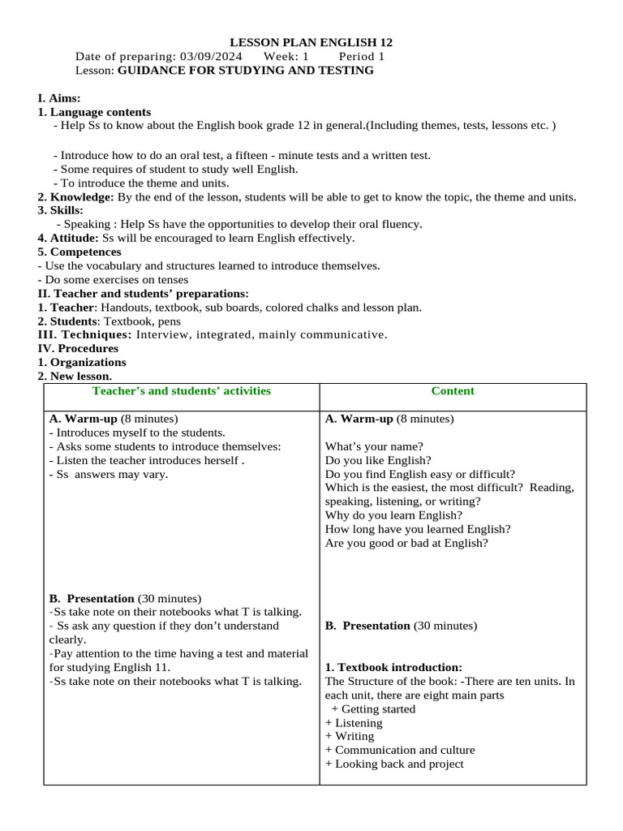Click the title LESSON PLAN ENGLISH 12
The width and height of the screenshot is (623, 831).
pos(311,42)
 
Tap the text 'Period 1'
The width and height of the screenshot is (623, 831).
pos(362,57)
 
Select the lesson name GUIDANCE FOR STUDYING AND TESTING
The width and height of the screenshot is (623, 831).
pos(246,71)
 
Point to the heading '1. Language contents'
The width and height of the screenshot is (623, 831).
pos(94,112)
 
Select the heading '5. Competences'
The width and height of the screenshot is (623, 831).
pos(79,252)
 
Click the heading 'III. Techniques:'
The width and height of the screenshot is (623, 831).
pos(84,334)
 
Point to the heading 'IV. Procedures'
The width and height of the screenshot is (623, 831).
pos(78,348)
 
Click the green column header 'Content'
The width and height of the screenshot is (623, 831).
pos(453,391)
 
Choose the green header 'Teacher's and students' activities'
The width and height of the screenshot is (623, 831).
pos(182,391)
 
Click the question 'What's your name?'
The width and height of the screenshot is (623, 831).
pos(374,446)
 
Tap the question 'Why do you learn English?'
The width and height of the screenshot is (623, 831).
pos(393,515)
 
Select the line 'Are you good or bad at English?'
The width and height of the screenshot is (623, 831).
pos(406,543)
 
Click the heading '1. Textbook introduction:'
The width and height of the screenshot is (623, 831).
pos(393,667)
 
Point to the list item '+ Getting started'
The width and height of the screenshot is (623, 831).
pos(373,709)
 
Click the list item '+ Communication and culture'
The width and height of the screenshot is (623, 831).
pos(400,750)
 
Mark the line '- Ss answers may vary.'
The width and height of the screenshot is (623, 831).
pos(109,474)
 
